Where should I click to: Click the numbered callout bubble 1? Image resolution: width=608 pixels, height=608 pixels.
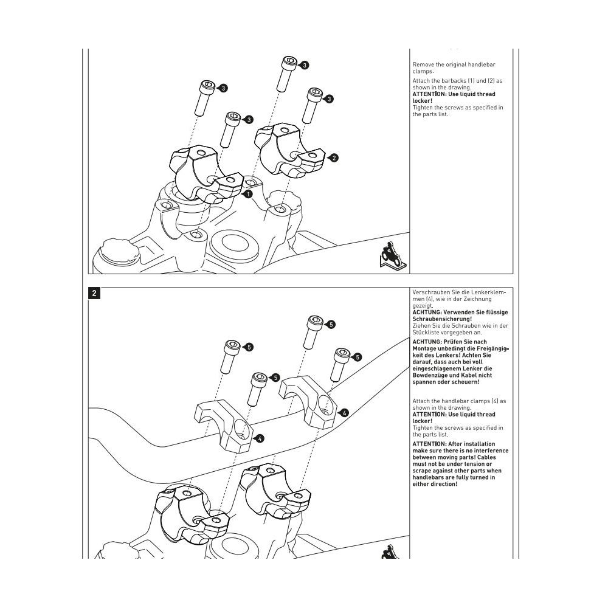[247, 195]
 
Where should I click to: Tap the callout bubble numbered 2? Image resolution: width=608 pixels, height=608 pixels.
[333, 158]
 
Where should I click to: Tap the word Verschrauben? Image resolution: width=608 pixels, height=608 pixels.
[432, 292]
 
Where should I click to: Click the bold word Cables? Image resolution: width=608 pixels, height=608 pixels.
[495, 457]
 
